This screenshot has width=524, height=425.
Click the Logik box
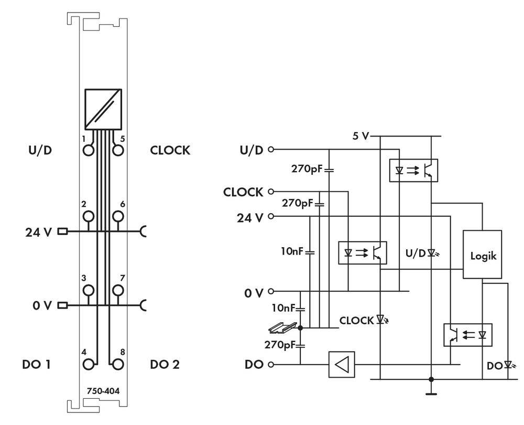pyautogui.click(x=481, y=257)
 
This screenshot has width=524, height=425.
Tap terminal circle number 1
pyautogui.click(x=89, y=150)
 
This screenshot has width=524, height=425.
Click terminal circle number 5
pyautogui.click(x=118, y=150)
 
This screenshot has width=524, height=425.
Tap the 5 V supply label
pyautogui.click(x=360, y=136)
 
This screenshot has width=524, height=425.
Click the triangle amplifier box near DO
pyautogui.click(x=342, y=364)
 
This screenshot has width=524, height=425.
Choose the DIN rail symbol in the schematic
pyautogui.click(x=281, y=328)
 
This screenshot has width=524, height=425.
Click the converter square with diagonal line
pyautogui.click(x=103, y=109)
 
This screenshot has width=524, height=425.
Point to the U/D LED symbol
pyautogui.click(x=431, y=252)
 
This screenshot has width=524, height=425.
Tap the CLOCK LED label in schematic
pyautogui.click(x=356, y=320)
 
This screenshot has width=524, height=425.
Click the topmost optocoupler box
pyautogui.click(x=413, y=170)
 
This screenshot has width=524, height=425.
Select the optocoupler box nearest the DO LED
pyautogui.click(x=467, y=334)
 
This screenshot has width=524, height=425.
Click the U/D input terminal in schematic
pyautogui.click(x=271, y=150)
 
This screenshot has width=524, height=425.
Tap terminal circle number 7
pyautogui.click(x=118, y=290)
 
